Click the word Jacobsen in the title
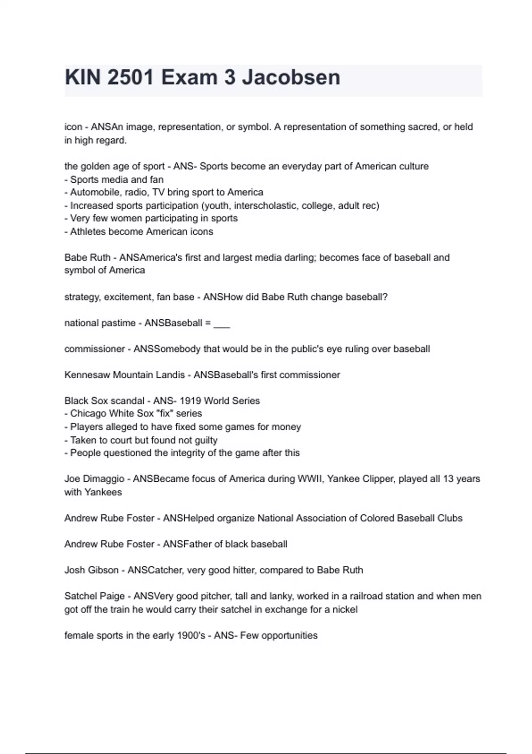pos(291,78)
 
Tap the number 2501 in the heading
pos(131,78)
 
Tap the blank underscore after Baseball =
pos(222,323)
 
